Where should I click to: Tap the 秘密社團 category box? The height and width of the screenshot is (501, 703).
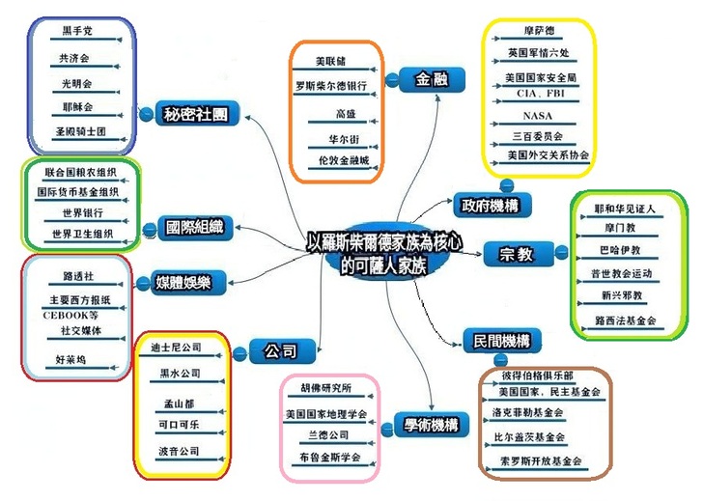pyautogui.click(x=196, y=115)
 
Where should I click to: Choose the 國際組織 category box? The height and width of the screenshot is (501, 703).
pyautogui.click(x=194, y=229)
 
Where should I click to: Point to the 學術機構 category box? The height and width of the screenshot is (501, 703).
pyautogui.click(x=426, y=424)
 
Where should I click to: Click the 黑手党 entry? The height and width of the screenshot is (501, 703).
pyautogui.click(x=76, y=31)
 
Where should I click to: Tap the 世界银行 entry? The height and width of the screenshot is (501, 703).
pyautogui.click(x=82, y=212)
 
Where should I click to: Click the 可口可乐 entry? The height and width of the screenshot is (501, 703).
pyautogui.click(x=179, y=424)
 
